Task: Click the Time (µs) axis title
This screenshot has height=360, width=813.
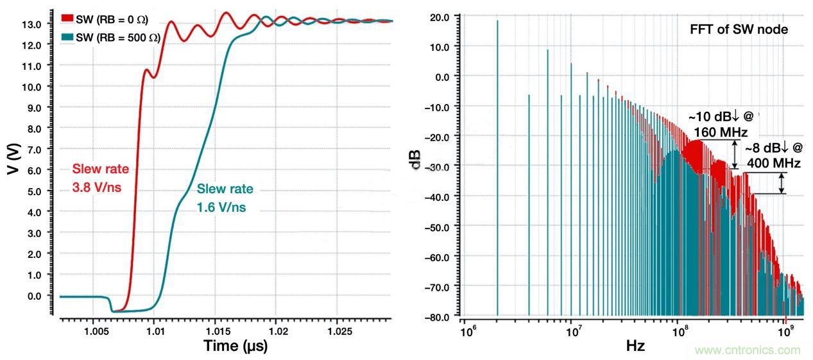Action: pos(235,346)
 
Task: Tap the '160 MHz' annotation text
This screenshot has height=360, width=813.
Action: pos(717,132)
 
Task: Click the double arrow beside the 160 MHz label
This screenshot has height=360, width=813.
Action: pos(735,154)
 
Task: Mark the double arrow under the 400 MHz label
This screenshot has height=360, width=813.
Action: pos(782,183)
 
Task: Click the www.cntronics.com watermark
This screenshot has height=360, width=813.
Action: pos(748,350)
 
